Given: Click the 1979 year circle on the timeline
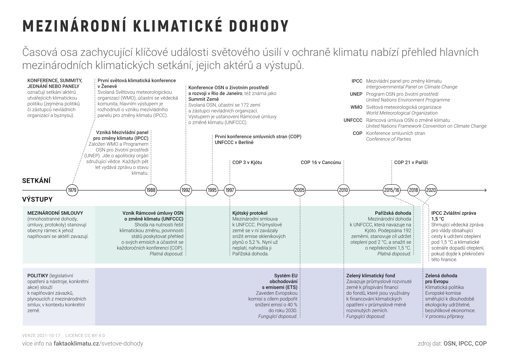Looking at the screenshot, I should click(x=72, y=190).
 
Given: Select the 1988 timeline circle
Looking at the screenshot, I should click(x=151, y=190).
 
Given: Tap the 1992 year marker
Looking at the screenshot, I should click(x=186, y=190).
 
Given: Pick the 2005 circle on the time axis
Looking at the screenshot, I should click(x=300, y=190).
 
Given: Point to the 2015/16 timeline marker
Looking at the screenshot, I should click(x=392, y=190).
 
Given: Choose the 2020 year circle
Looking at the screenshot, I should click(x=431, y=190).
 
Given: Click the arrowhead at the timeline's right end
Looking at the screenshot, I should click(x=485, y=190).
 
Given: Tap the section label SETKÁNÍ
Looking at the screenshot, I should click(x=36, y=181).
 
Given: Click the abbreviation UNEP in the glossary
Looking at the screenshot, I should click(x=356, y=94).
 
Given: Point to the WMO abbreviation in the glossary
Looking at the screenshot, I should click(x=356, y=107).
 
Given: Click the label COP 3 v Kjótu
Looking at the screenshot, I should click(x=247, y=162).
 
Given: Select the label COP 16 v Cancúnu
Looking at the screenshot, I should click(x=321, y=162).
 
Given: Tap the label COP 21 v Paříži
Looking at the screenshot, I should click(x=411, y=162).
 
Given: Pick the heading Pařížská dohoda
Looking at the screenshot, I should click(x=393, y=213).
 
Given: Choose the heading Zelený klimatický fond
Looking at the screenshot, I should click(x=371, y=276).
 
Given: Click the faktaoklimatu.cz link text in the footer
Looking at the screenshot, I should click(x=76, y=344).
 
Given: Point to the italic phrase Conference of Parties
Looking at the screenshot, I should click(x=388, y=139).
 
